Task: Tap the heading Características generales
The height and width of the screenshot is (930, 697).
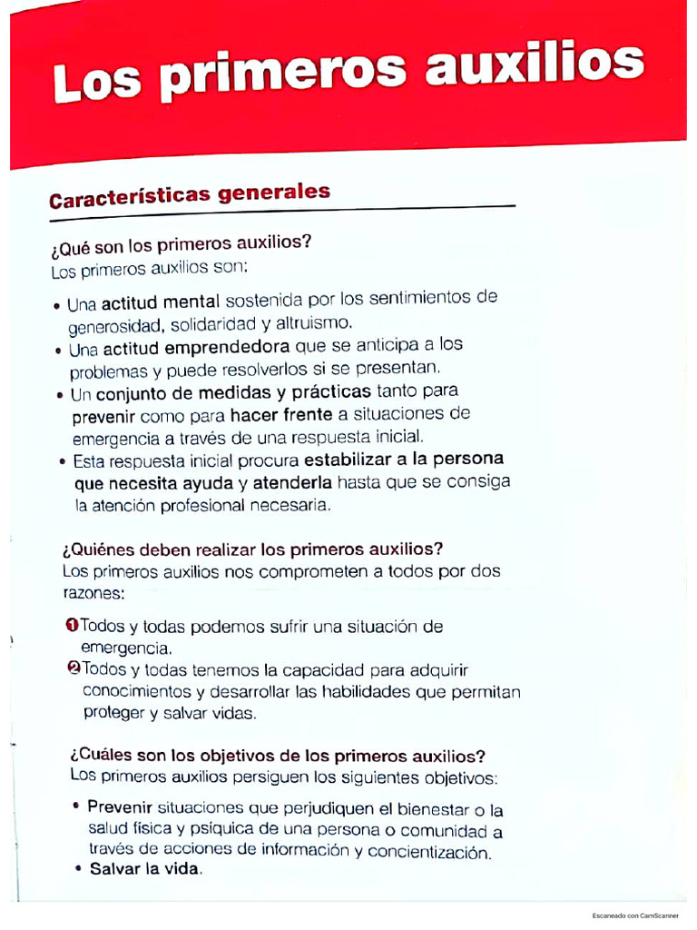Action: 189,195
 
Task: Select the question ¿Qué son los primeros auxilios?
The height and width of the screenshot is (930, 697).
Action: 182,244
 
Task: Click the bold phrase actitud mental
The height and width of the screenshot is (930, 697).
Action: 155,301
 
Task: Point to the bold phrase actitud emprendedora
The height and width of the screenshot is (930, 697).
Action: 195,348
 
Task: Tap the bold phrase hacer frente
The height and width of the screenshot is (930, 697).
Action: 281,414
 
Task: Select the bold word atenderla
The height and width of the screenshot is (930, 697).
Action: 292,481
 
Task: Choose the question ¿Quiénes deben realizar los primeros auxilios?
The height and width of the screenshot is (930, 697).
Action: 252,549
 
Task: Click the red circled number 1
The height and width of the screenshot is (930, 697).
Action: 72,626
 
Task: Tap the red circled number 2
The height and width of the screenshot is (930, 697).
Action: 74,669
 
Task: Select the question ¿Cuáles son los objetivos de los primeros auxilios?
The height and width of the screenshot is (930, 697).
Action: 278,756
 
